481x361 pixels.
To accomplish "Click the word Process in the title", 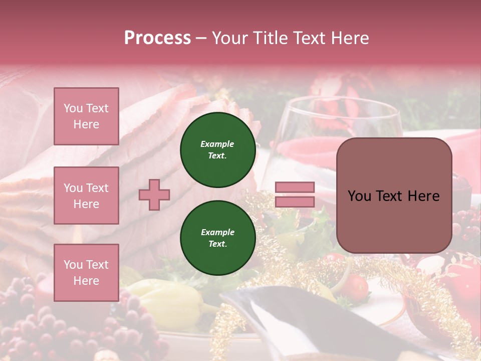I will pos(157,38).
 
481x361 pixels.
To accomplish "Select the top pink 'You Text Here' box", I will pos(86,116).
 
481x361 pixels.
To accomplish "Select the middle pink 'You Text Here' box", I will pos(86,196).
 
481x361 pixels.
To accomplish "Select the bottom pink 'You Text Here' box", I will pos(86,272).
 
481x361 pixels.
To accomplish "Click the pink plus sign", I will pos(154,195).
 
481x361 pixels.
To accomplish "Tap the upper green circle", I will pos(217,150).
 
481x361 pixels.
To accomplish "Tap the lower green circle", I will pos(217,238).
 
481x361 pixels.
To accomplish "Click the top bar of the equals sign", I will pos(295,187).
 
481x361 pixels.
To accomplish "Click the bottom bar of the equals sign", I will pos(295,202).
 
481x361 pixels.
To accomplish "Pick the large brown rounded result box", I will pos(394,196).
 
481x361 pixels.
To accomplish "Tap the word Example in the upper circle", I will pos(217,144).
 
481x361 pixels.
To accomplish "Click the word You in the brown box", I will pos(359,196).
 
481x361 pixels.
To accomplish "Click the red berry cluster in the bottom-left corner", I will pos(30,326).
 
